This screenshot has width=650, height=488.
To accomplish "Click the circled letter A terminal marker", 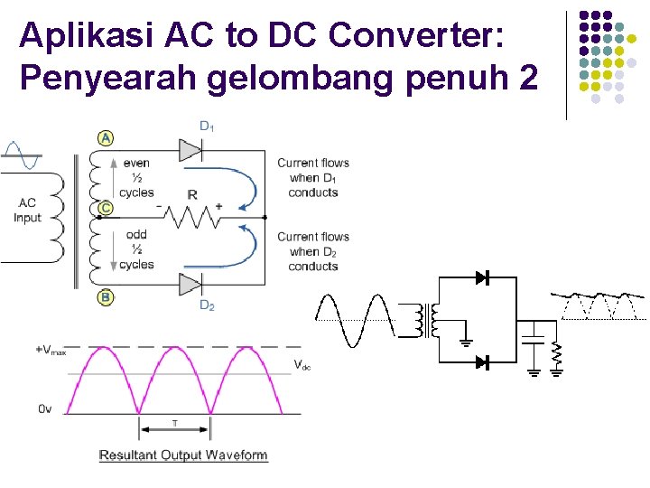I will (107, 138).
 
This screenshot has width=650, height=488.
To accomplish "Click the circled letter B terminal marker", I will (106, 296).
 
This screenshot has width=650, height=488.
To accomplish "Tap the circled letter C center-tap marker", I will (106, 208).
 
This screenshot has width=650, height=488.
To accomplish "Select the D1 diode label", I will (207, 125).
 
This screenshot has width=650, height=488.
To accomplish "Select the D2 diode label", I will (207, 305).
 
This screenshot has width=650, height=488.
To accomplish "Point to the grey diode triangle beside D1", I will (190, 149).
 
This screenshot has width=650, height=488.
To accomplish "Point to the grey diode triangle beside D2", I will (190, 285).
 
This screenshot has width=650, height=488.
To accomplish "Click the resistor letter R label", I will (192, 194).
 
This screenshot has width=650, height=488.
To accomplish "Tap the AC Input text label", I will (27, 211).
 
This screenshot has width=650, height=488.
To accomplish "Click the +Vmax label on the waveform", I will (51, 350).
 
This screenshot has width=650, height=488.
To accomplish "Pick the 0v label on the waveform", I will (45, 409).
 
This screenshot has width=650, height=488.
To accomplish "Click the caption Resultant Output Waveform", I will (183, 455).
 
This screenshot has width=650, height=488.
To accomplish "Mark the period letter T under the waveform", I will (175, 424).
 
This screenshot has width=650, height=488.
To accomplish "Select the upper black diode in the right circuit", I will (482, 277).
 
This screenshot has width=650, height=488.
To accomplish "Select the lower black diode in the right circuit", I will (482, 362).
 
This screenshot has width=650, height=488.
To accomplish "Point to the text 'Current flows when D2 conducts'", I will (313, 251).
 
